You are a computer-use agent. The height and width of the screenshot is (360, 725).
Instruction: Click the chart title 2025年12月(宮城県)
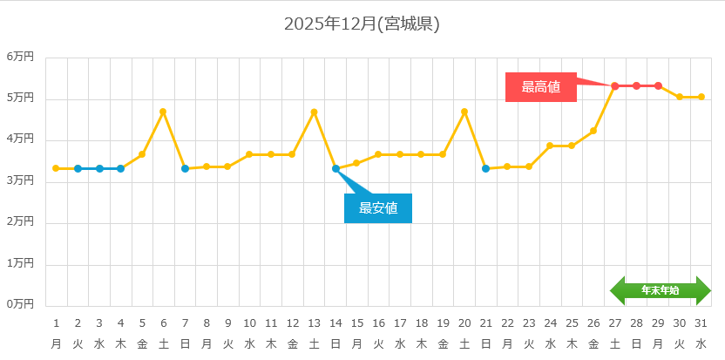tap(362, 24)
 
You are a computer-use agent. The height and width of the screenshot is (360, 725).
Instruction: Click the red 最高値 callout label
tap(540, 86)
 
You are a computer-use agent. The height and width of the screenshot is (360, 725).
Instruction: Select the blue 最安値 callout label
tap(377, 208)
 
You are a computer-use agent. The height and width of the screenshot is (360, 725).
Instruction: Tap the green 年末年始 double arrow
tap(660, 290)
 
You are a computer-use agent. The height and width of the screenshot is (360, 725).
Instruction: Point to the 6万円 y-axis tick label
tap(20, 57)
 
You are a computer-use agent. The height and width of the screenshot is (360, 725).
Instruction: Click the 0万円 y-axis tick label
tap(20, 304)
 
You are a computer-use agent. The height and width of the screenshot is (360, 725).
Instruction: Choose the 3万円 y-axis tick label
tap(20, 180)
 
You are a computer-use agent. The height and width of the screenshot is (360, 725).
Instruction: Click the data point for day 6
tap(163, 112)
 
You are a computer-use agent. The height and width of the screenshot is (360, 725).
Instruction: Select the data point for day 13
tap(314, 112)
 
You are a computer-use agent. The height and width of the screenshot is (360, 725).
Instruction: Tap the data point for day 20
tap(464, 112)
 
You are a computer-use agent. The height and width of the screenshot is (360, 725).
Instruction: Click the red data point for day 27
tap(615, 85)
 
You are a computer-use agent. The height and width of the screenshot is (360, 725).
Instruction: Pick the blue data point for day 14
tap(335, 168)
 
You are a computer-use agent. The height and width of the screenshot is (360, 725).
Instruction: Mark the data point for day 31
tap(701, 97)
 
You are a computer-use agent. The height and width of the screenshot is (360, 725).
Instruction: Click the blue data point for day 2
tap(78, 168)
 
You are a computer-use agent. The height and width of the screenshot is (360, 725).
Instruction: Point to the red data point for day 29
tap(658, 85)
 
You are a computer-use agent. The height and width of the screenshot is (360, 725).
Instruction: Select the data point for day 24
tap(551, 146)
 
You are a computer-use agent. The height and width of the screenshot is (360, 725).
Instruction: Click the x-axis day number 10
tap(249, 323)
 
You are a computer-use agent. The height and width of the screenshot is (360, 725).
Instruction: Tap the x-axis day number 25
tap(572, 323)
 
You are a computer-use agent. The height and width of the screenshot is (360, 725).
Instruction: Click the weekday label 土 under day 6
tap(163, 343)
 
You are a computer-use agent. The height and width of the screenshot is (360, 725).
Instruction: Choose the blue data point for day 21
tap(486, 168)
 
